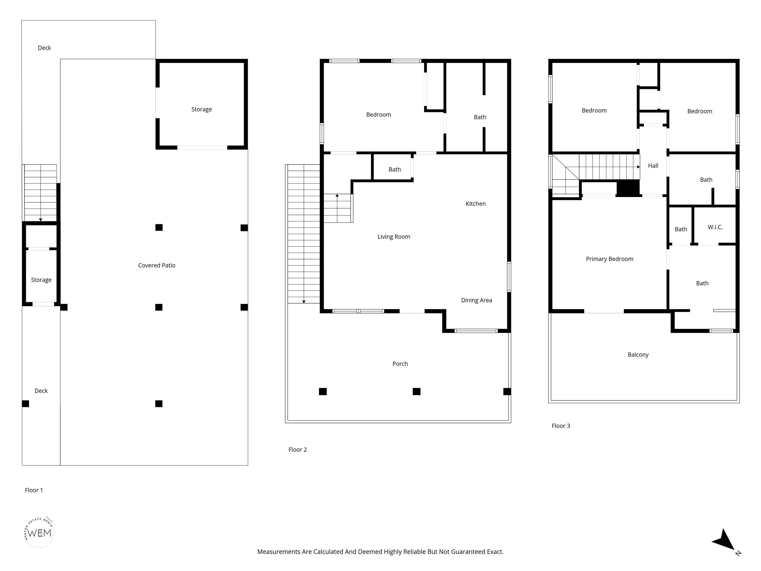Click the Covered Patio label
157,265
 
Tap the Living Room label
394,237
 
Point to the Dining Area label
476,300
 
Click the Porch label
400,364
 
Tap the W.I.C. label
715,227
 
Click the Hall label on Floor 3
653,166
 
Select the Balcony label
638,355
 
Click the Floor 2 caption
298,450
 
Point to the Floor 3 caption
561,426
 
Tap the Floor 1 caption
34,490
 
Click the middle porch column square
416,391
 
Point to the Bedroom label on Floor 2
379,114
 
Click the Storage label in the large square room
202,110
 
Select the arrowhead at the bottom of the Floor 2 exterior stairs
304,302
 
